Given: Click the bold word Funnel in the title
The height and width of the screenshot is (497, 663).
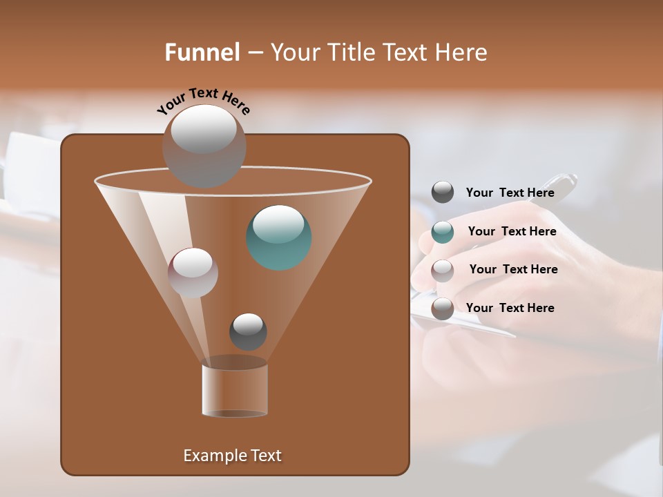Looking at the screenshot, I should coord(202,52).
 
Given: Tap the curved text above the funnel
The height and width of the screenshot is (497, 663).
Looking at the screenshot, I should coord(204,101).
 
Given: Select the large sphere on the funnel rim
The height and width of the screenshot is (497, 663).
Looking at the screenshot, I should coord(204,146).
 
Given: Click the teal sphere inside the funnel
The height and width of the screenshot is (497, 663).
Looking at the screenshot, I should coord(278,237).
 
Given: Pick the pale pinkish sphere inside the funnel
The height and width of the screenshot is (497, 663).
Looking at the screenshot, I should coord(193,272).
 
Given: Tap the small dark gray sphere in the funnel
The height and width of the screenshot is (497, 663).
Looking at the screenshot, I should coord(248,331).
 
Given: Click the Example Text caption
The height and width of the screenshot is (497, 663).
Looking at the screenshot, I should coord(232,456).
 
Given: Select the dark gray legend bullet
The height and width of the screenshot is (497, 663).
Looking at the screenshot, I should coord(443,193).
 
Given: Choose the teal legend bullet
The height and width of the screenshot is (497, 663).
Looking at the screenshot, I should coord(443,232).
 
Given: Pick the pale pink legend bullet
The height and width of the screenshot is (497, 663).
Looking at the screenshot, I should coord(443,270).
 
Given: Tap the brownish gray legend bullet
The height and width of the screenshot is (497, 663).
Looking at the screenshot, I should coord(443,308).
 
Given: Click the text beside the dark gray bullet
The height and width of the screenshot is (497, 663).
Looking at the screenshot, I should coord(510,193).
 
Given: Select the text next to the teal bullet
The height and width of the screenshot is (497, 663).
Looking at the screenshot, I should coord(512,231).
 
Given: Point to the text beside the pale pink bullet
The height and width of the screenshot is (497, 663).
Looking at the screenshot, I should coord(513,269).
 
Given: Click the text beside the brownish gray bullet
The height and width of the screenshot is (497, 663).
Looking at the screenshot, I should coord(510,308).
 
